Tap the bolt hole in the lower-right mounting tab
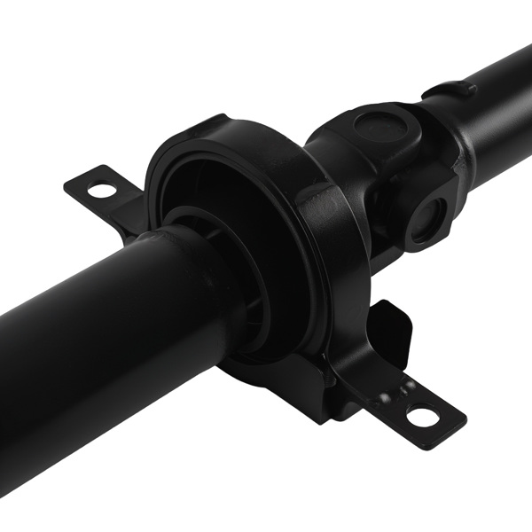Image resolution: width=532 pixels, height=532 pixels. (425, 413)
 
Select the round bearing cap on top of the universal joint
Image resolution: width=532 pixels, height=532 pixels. (377, 124)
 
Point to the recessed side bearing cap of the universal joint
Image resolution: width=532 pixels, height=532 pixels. (428, 218)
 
